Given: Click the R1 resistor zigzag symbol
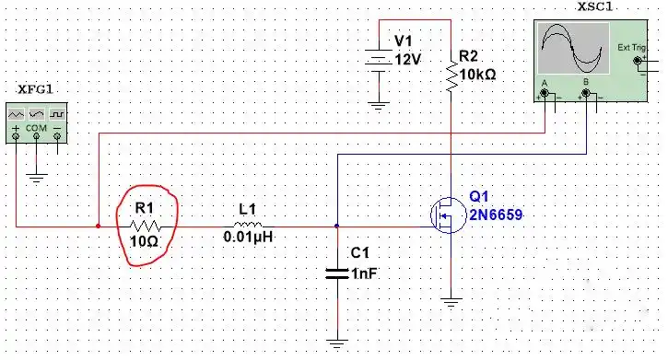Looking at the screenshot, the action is (x=145, y=226).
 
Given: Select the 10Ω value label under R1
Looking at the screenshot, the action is (x=144, y=242).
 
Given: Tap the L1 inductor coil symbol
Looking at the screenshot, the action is (x=248, y=225).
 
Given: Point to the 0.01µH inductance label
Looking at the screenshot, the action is (x=248, y=237).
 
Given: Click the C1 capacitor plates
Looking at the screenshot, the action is (x=336, y=273).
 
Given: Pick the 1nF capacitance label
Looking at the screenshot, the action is (x=364, y=273).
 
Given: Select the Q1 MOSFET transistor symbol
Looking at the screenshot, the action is (x=448, y=215).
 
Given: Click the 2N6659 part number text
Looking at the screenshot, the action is (x=496, y=215).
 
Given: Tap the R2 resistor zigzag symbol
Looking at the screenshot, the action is (x=451, y=75).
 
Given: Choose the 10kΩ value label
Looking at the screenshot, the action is (x=478, y=75).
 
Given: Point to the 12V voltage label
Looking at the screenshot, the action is (x=407, y=60).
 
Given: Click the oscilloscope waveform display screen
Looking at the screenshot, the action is (x=573, y=49).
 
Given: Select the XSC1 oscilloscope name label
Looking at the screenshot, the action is (x=594, y=7).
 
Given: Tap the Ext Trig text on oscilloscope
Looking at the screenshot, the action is (x=631, y=48).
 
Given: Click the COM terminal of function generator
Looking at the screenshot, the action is (x=36, y=136).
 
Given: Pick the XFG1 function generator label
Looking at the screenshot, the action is (x=35, y=89).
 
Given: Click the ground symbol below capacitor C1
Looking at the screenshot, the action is (x=336, y=344).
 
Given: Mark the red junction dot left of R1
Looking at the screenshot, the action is (x=99, y=226).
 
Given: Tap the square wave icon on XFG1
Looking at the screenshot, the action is (x=56, y=114).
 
